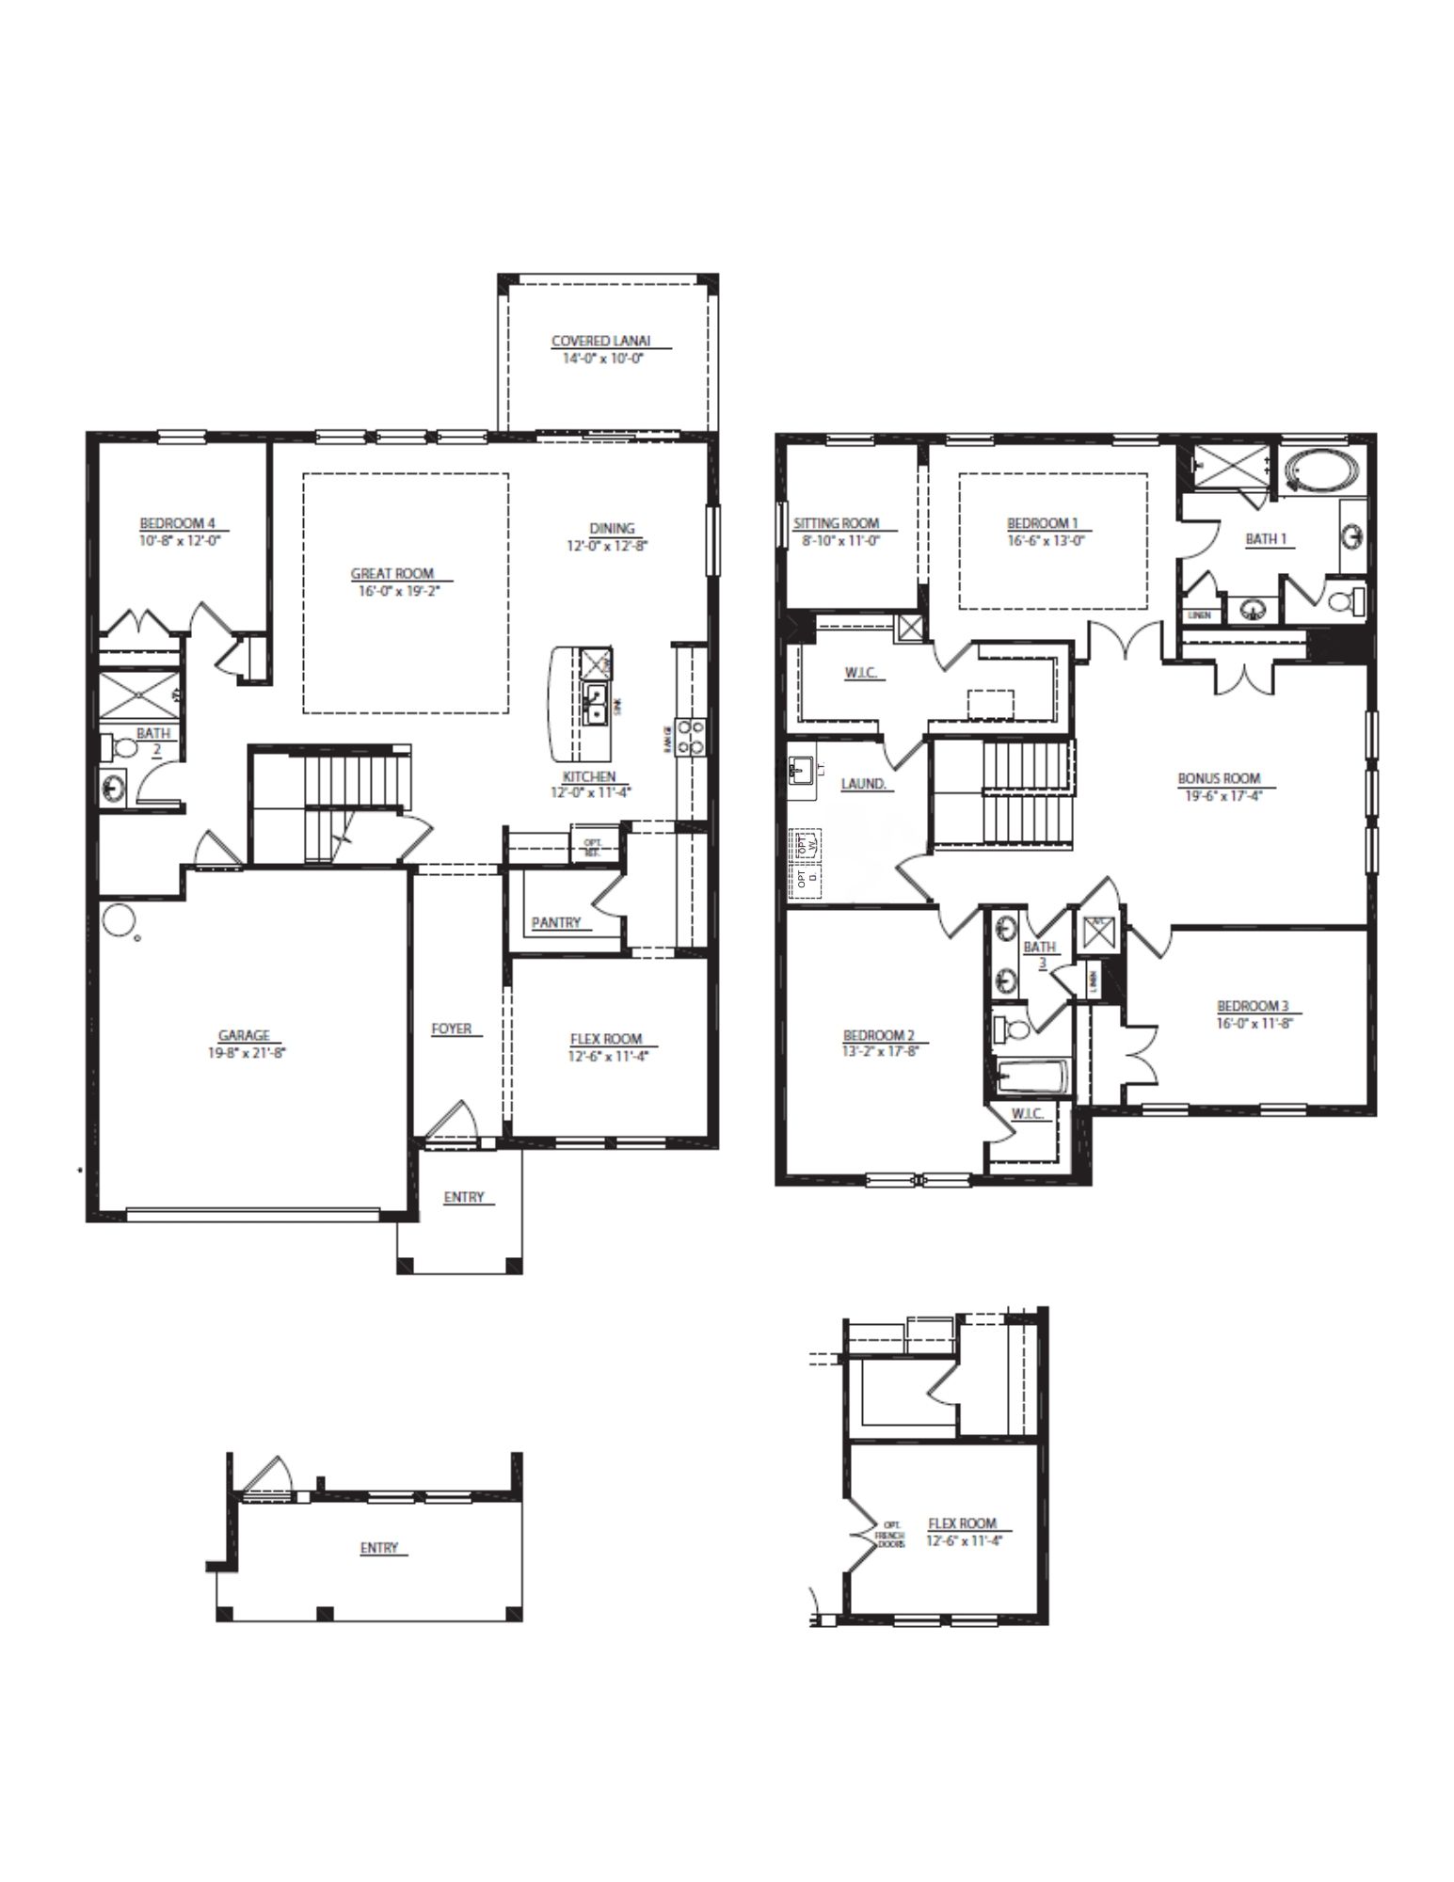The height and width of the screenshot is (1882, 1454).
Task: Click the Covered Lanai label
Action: pyautogui.click(x=600, y=341)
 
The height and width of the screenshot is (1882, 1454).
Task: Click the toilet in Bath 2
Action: pyautogui.click(x=122, y=749)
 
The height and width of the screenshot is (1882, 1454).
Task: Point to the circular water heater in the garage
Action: pyautogui.click(x=119, y=920)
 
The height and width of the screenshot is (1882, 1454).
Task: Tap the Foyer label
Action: pyautogui.click(x=452, y=1029)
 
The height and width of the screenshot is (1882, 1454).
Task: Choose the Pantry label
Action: pyautogui.click(x=556, y=922)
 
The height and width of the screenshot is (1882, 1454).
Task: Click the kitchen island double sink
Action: pyautogui.click(x=596, y=704)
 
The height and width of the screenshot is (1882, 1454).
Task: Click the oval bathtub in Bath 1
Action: pyautogui.click(x=1323, y=469)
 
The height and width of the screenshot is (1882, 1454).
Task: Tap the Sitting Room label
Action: pyautogui.click(x=836, y=523)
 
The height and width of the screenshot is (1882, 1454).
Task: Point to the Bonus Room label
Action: pyautogui.click(x=1219, y=778)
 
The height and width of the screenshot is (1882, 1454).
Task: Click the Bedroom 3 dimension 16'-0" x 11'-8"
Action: pyautogui.click(x=1255, y=1023)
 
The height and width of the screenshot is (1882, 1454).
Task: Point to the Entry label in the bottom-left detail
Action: pyautogui.click(x=379, y=1547)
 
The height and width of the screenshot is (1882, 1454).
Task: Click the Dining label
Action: pyautogui.click(x=612, y=528)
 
